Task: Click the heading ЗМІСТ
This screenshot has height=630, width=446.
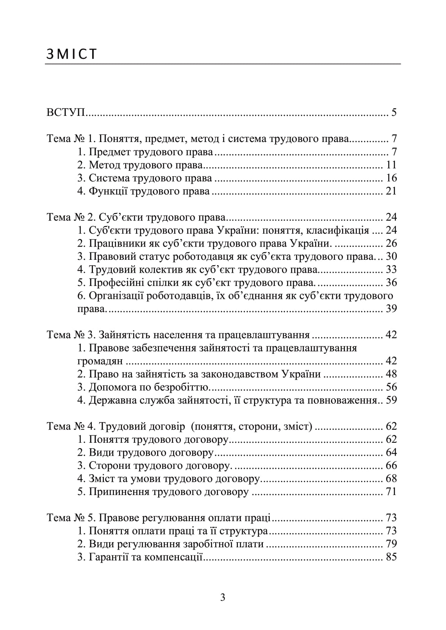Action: (x=71, y=54)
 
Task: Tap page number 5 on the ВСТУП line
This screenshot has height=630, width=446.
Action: (x=394, y=113)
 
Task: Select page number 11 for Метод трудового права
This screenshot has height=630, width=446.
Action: (x=391, y=165)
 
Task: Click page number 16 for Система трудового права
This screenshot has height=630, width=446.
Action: (x=391, y=178)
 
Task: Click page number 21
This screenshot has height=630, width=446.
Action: (x=391, y=191)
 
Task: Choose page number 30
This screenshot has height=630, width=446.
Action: (x=391, y=256)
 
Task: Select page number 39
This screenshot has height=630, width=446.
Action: (x=391, y=309)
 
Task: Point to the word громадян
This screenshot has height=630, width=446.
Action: (x=100, y=361)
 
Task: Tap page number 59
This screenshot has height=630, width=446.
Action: (x=391, y=400)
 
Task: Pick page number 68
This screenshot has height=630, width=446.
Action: (x=391, y=479)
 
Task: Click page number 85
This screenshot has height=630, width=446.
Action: (x=391, y=557)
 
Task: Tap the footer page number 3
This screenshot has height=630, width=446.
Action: (x=223, y=598)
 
